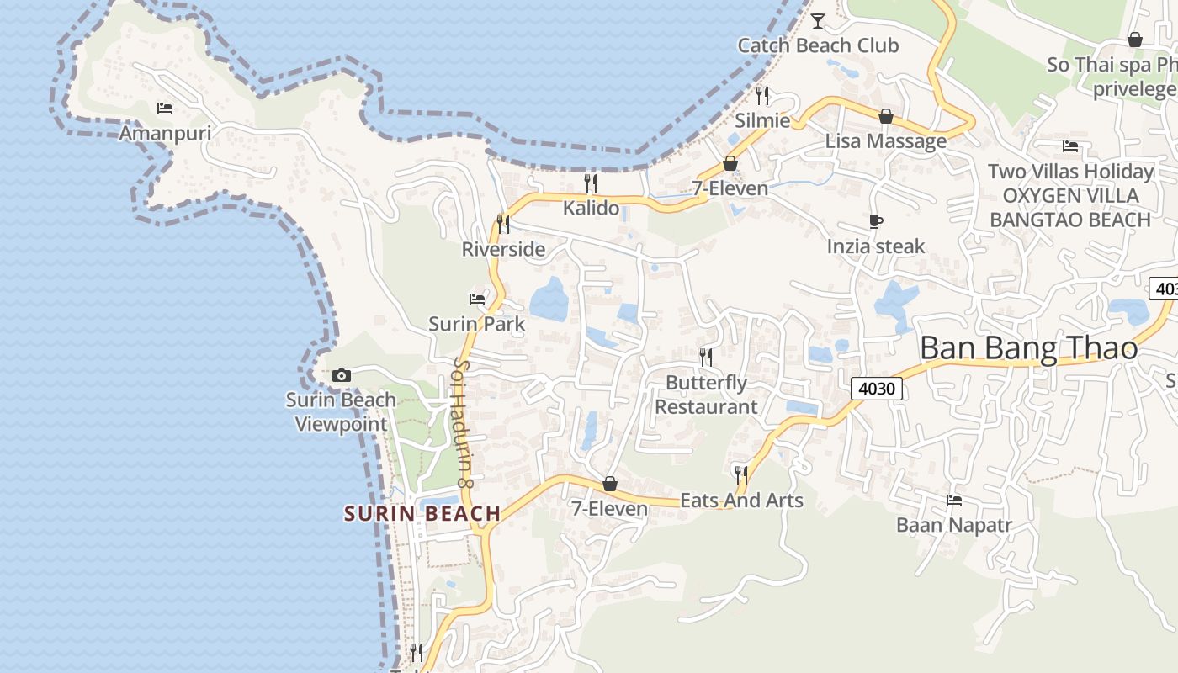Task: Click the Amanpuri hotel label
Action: (x=165, y=133)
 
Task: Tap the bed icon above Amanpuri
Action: (x=165, y=108)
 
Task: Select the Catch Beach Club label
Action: (x=818, y=45)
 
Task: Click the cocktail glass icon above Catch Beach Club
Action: (x=817, y=20)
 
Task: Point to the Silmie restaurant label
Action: (x=762, y=120)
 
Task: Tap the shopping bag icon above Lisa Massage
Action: (x=885, y=116)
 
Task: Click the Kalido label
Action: (x=591, y=208)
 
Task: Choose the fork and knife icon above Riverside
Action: (x=503, y=225)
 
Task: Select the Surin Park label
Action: (x=476, y=324)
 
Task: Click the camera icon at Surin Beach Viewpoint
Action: (x=341, y=375)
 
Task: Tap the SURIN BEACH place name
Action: (x=422, y=513)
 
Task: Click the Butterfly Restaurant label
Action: (x=706, y=395)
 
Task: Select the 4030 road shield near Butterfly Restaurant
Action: (x=877, y=388)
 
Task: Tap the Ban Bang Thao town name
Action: (x=1028, y=348)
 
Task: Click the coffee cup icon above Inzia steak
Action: (x=876, y=222)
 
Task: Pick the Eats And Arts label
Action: (x=741, y=501)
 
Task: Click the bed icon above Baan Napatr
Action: (x=953, y=501)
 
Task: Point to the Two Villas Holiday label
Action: (x=1070, y=172)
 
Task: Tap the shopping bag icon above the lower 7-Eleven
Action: (x=610, y=484)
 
